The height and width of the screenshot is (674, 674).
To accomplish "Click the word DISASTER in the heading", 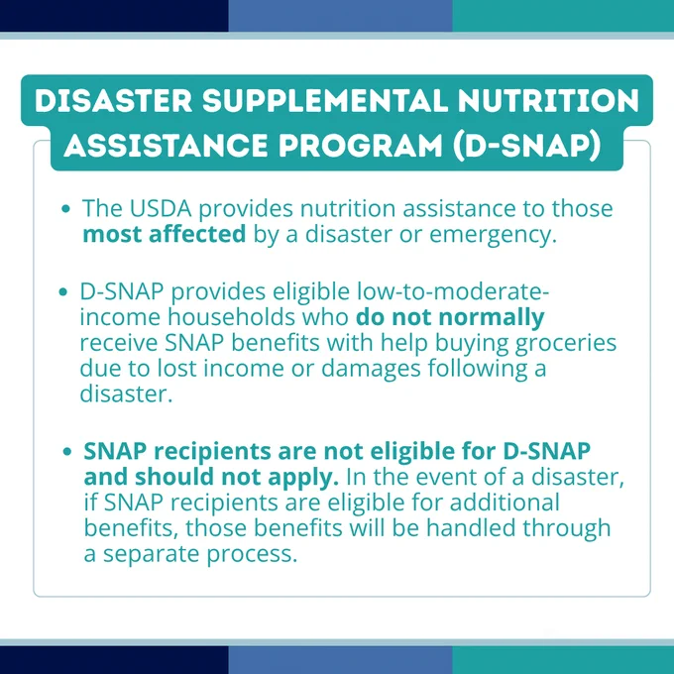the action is [x=113, y=101].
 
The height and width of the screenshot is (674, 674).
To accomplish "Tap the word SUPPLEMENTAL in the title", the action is [x=325, y=101].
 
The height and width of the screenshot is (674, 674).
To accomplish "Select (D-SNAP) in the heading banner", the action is [x=527, y=146].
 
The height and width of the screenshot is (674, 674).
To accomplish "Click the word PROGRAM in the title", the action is [x=360, y=146].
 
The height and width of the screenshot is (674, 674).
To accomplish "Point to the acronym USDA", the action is [x=161, y=208].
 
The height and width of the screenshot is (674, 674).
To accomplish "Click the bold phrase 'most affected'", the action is [x=165, y=234].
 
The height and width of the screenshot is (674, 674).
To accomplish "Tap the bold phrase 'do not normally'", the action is [x=450, y=317].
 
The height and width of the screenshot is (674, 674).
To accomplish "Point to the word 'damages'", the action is [x=371, y=370].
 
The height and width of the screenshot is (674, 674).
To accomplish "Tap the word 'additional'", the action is [x=505, y=503].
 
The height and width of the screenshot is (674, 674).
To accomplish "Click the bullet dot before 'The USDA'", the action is [x=65, y=209].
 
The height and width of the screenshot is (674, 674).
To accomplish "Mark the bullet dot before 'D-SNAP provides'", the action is [x=63, y=292].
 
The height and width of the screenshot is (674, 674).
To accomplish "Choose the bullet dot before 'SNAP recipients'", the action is [x=67, y=452].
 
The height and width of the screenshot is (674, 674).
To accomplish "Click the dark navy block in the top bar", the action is [x=114, y=16].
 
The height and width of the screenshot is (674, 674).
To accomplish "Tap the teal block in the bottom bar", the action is [x=563, y=660].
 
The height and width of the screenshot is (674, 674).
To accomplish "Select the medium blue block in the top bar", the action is [x=340, y=16].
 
